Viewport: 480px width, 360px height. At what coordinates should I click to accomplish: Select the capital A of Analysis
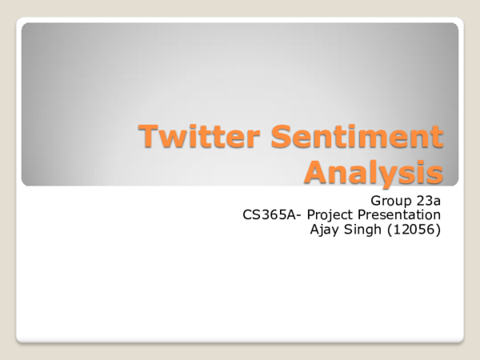[x=318, y=170]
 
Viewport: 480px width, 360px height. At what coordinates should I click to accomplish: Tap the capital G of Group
[x=376, y=198]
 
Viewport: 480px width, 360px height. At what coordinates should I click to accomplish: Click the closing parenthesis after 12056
[x=439, y=232]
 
